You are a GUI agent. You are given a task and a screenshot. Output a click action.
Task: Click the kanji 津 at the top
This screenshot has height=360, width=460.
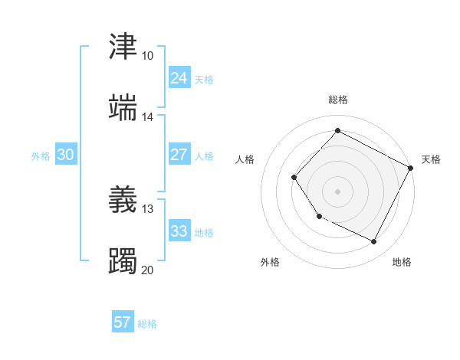pyautogui.click(x=123, y=47)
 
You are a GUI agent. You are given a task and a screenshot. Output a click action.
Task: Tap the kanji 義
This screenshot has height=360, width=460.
pyautogui.click(x=123, y=200)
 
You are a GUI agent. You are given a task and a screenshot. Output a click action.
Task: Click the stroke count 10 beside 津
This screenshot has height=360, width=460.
pyautogui.click(x=147, y=56)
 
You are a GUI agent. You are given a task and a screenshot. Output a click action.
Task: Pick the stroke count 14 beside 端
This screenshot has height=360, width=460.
pyautogui.click(x=147, y=117)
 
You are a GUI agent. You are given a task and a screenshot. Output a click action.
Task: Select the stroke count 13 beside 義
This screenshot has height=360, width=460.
pyautogui.click(x=147, y=209)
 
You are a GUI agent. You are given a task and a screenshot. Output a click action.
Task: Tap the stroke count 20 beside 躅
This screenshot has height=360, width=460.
pyautogui.click(x=147, y=270)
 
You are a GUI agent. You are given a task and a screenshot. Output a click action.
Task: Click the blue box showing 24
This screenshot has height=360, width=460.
pyautogui.click(x=179, y=78)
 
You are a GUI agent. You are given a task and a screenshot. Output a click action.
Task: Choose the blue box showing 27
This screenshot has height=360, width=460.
pyautogui.click(x=179, y=155)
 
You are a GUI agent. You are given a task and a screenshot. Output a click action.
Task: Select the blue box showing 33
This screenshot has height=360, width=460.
pyautogui.click(x=179, y=231)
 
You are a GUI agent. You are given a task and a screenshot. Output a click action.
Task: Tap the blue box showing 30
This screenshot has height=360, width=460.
pyautogui.click(x=66, y=155)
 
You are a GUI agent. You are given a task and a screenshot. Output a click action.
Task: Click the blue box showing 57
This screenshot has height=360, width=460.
pyautogui.click(x=123, y=322)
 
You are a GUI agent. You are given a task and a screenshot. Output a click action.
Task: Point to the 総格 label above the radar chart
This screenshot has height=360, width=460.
pyautogui.click(x=338, y=100)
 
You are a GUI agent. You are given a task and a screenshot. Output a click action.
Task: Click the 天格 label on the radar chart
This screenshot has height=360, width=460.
pyautogui.click(x=431, y=159)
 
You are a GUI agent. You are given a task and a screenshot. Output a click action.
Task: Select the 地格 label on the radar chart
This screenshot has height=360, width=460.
pyautogui.click(x=402, y=262)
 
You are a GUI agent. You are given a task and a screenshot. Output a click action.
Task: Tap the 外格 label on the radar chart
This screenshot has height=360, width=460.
pyautogui.click(x=270, y=262)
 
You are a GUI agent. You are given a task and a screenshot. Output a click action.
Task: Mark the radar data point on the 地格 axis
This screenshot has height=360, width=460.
pyautogui.click(x=374, y=242)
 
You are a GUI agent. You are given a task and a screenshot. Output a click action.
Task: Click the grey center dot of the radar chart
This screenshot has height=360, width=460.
pyautogui.click(x=337, y=191)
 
